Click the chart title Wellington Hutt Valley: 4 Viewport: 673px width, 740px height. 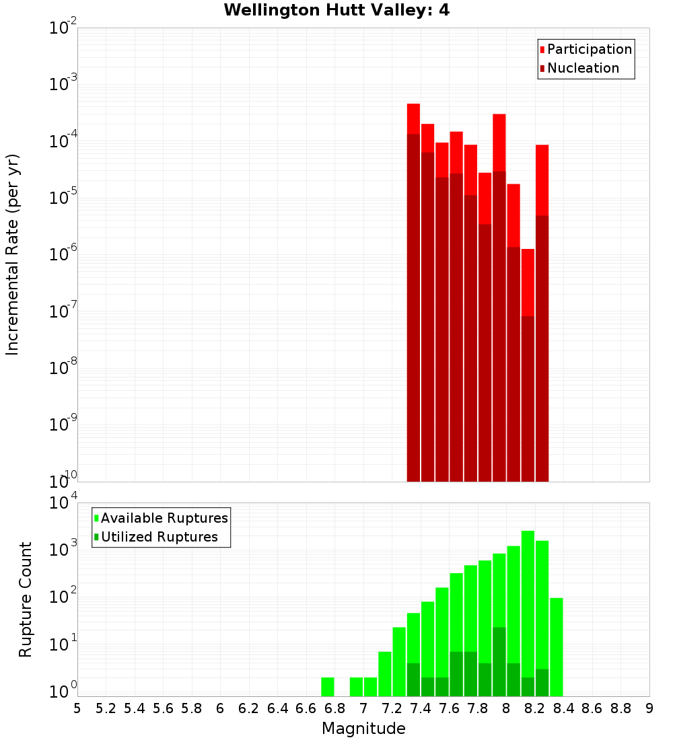coord(336,10)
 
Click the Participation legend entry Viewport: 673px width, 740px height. coord(589,49)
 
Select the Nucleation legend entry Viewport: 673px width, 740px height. coord(582,68)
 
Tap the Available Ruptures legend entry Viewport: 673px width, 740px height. coord(164,518)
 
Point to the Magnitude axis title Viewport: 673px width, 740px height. coord(363,729)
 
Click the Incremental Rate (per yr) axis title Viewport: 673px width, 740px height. coord(13,254)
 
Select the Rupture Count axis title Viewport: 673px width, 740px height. coord(26,599)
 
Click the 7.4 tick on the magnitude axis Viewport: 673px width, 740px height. coord(421,708)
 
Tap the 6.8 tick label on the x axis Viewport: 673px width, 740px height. coord(334,708)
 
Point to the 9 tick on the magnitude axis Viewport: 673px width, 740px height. coord(649,708)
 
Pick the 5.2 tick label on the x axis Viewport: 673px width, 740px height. coord(106,708)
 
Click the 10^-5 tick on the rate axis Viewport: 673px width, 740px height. coord(61,198)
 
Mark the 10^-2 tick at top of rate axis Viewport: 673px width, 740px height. coord(61,28)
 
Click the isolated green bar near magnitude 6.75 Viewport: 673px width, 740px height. coord(327,687)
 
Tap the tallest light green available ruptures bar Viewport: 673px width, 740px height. coord(528,612)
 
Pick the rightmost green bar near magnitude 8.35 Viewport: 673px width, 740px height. coord(556,646)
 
